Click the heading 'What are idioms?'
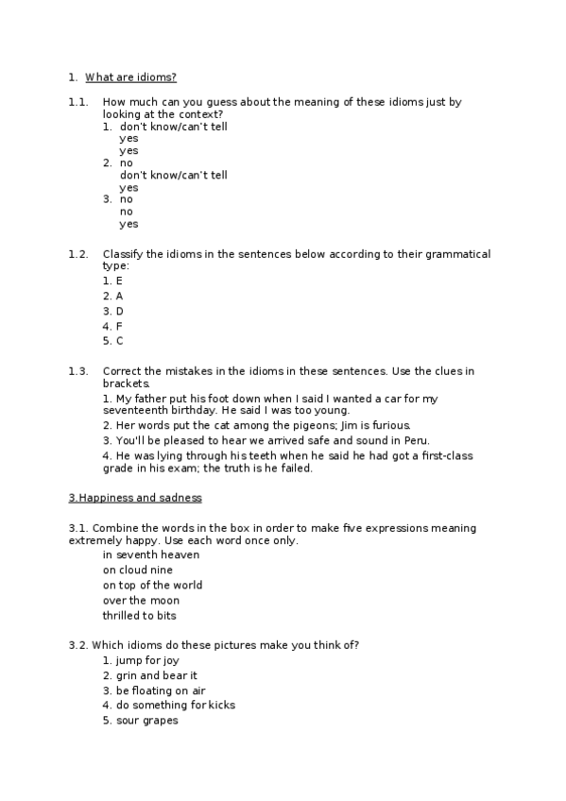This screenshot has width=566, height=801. point(130,77)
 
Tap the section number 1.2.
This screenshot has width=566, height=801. point(78,254)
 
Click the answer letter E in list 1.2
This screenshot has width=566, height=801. point(119,281)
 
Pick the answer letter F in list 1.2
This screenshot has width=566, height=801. point(119,326)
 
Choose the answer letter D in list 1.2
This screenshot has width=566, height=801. point(120,311)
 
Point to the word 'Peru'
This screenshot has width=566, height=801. point(415,441)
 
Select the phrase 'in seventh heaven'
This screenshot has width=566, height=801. point(151,554)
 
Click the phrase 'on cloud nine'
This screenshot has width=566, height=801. point(138,570)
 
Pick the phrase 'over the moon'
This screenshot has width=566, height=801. point(141,600)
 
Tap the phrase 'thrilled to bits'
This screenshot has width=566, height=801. point(140,615)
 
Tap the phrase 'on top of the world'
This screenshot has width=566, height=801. point(153,585)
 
